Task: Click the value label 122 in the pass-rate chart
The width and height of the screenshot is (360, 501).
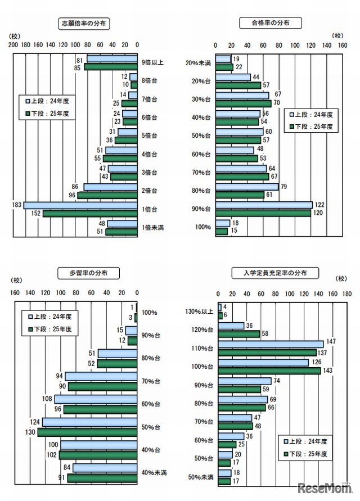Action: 319,205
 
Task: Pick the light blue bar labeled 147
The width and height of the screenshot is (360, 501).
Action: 271,344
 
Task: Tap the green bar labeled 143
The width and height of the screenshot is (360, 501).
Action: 269,371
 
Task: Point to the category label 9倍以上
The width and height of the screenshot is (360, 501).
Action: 152,62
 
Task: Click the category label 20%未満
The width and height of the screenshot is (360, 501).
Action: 199,63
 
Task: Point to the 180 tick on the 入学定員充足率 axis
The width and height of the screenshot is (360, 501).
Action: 347,294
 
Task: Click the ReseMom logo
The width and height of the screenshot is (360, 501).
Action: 323,487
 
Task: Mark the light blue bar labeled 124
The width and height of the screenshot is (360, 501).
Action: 90,422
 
